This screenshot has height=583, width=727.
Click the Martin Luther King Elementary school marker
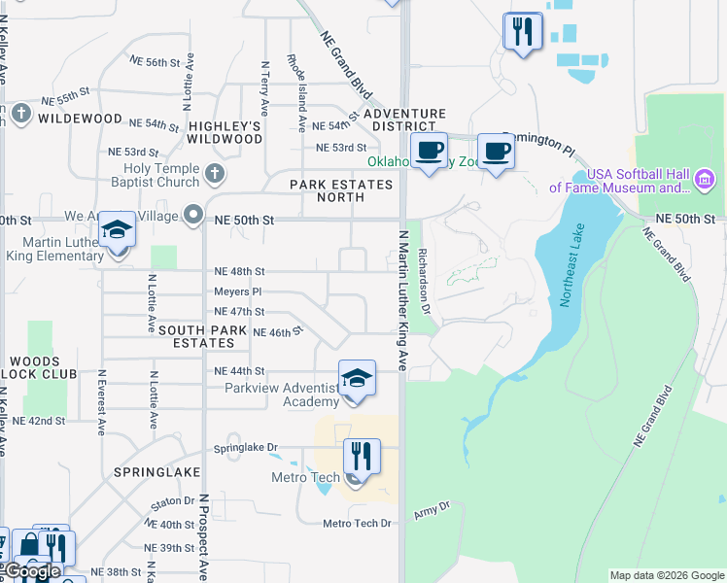pos(118,234)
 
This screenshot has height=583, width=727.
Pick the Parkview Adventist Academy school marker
pos(357,380)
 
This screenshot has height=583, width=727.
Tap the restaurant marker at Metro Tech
pos(361,456)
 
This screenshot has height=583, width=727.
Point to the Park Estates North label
pos(328,190)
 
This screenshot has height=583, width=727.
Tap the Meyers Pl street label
pos(238,291)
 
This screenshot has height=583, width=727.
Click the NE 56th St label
pos(156,61)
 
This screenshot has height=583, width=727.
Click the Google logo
pos(32,571)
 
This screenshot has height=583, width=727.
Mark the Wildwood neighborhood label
pos(80,120)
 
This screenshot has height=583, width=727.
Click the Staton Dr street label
pos(173,501)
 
